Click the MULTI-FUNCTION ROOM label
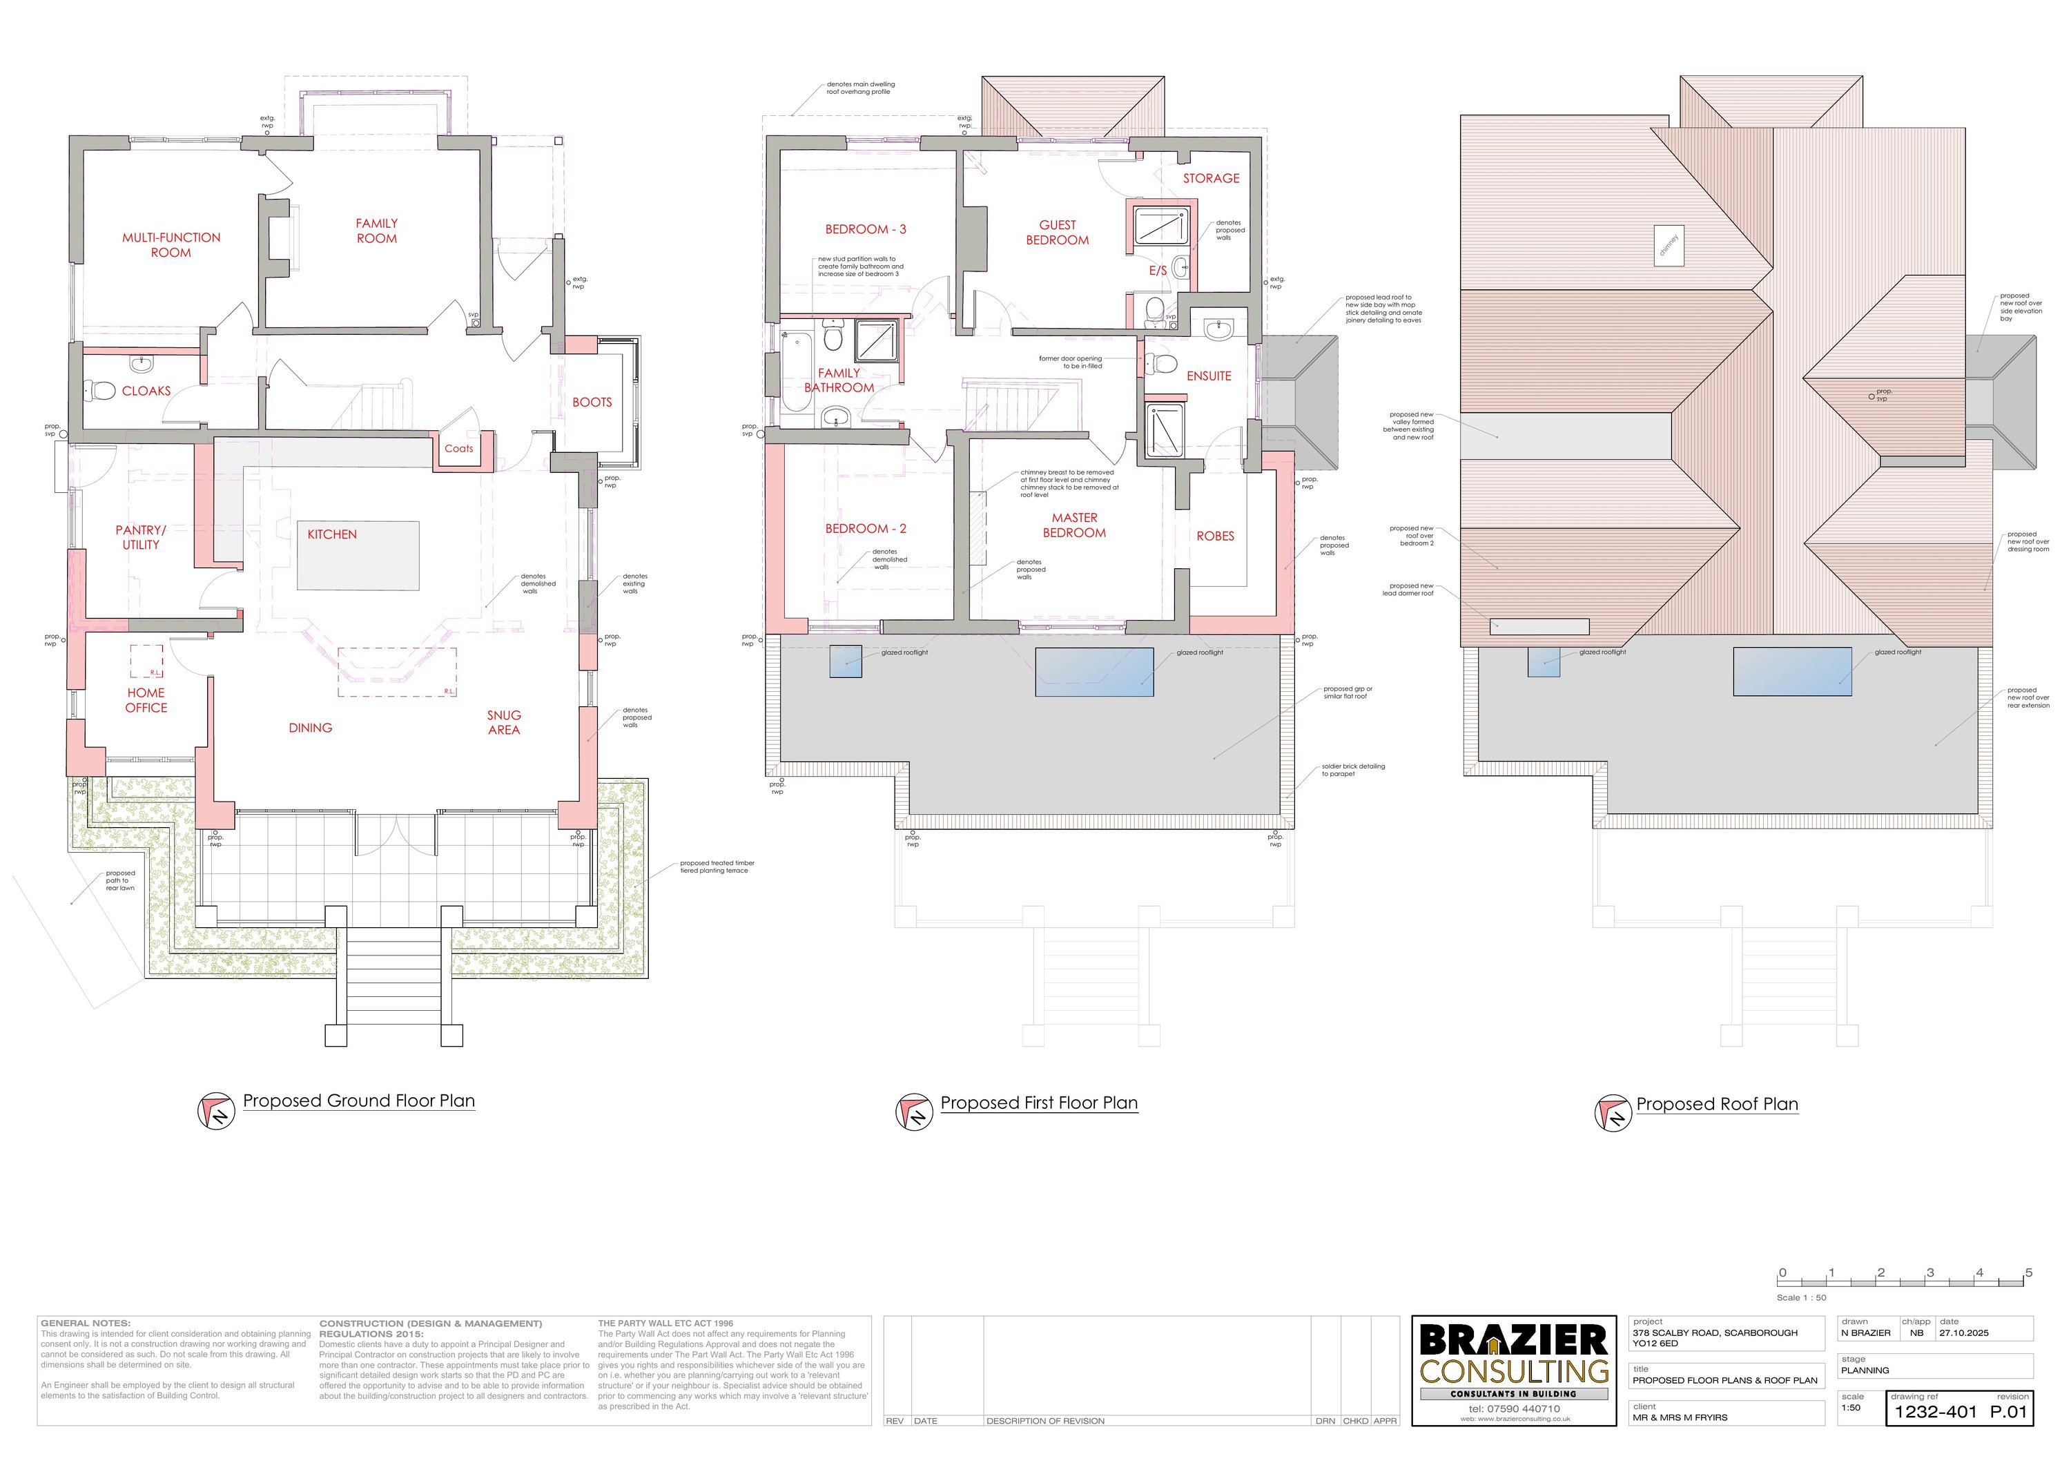point(171,244)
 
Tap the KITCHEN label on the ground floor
point(332,534)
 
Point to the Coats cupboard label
point(458,448)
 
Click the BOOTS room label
point(592,403)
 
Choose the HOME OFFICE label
point(146,700)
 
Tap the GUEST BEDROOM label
point(1057,232)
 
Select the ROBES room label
point(1215,536)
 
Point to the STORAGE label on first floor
point(1210,179)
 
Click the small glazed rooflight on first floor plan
point(845,661)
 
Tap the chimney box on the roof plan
point(1668,244)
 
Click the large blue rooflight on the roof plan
point(1792,671)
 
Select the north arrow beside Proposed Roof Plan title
point(1613,1113)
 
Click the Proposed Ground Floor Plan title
point(358,1101)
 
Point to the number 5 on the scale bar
point(2029,1272)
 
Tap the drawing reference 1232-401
point(1935,1412)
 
